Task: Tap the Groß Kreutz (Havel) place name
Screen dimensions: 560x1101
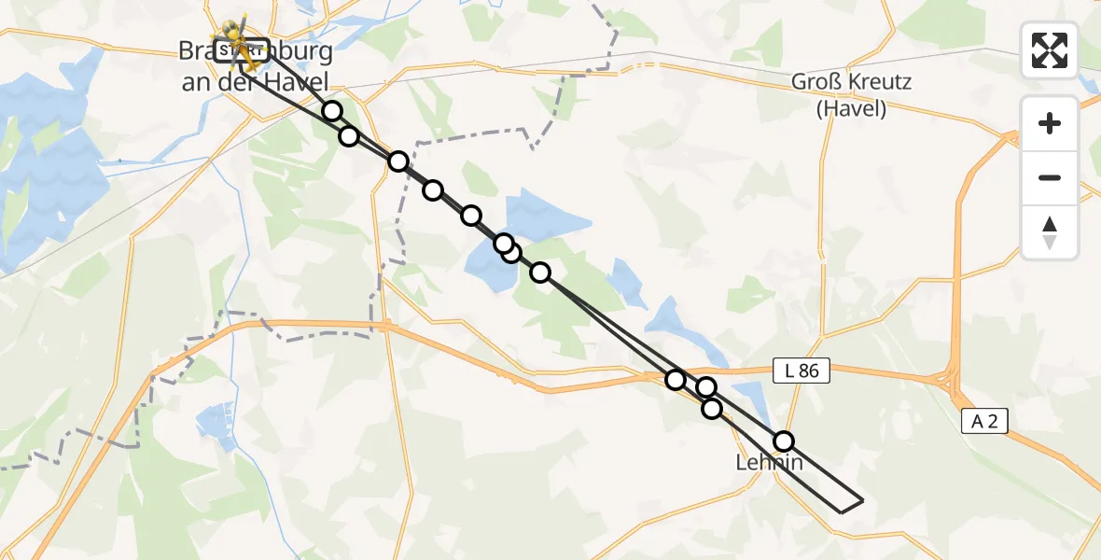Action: [x=851, y=94]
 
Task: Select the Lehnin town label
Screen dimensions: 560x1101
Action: [x=769, y=462]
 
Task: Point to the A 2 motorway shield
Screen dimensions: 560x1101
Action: [x=983, y=422]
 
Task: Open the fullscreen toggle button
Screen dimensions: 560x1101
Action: [x=1050, y=50]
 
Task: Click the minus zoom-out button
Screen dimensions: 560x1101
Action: [x=1050, y=177]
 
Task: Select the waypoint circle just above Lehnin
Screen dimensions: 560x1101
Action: [x=784, y=441]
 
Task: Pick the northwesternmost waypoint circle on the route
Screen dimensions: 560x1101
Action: [x=332, y=111]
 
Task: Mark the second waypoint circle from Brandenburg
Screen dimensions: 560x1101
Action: [x=348, y=136]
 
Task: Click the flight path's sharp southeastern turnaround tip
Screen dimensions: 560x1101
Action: [x=862, y=500]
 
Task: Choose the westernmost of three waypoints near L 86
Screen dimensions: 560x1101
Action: [x=676, y=379]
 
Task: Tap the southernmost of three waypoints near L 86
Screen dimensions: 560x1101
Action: [x=712, y=408]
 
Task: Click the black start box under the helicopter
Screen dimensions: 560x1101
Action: [x=243, y=49]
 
